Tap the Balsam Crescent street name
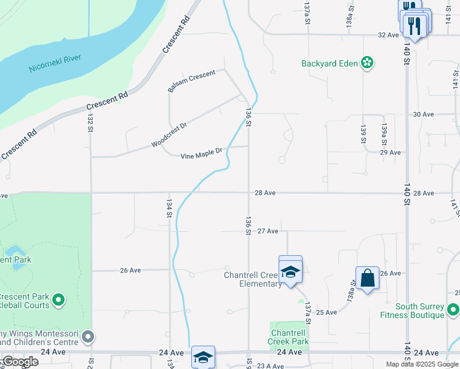coord(191,82)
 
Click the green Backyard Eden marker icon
coord(367,63)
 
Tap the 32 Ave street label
coord(389,35)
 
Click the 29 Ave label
coord(390,152)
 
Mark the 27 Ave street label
coord(268,231)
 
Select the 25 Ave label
coord(327,312)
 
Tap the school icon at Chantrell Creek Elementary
coord(290,271)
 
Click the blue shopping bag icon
coord(367,278)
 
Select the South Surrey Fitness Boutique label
coord(419,311)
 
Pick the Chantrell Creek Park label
coord(289,336)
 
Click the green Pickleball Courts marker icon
coord(58,300)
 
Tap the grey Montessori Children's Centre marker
coord(89,337)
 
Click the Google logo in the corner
coord(20,362)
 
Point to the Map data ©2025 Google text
coord(421,364)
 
